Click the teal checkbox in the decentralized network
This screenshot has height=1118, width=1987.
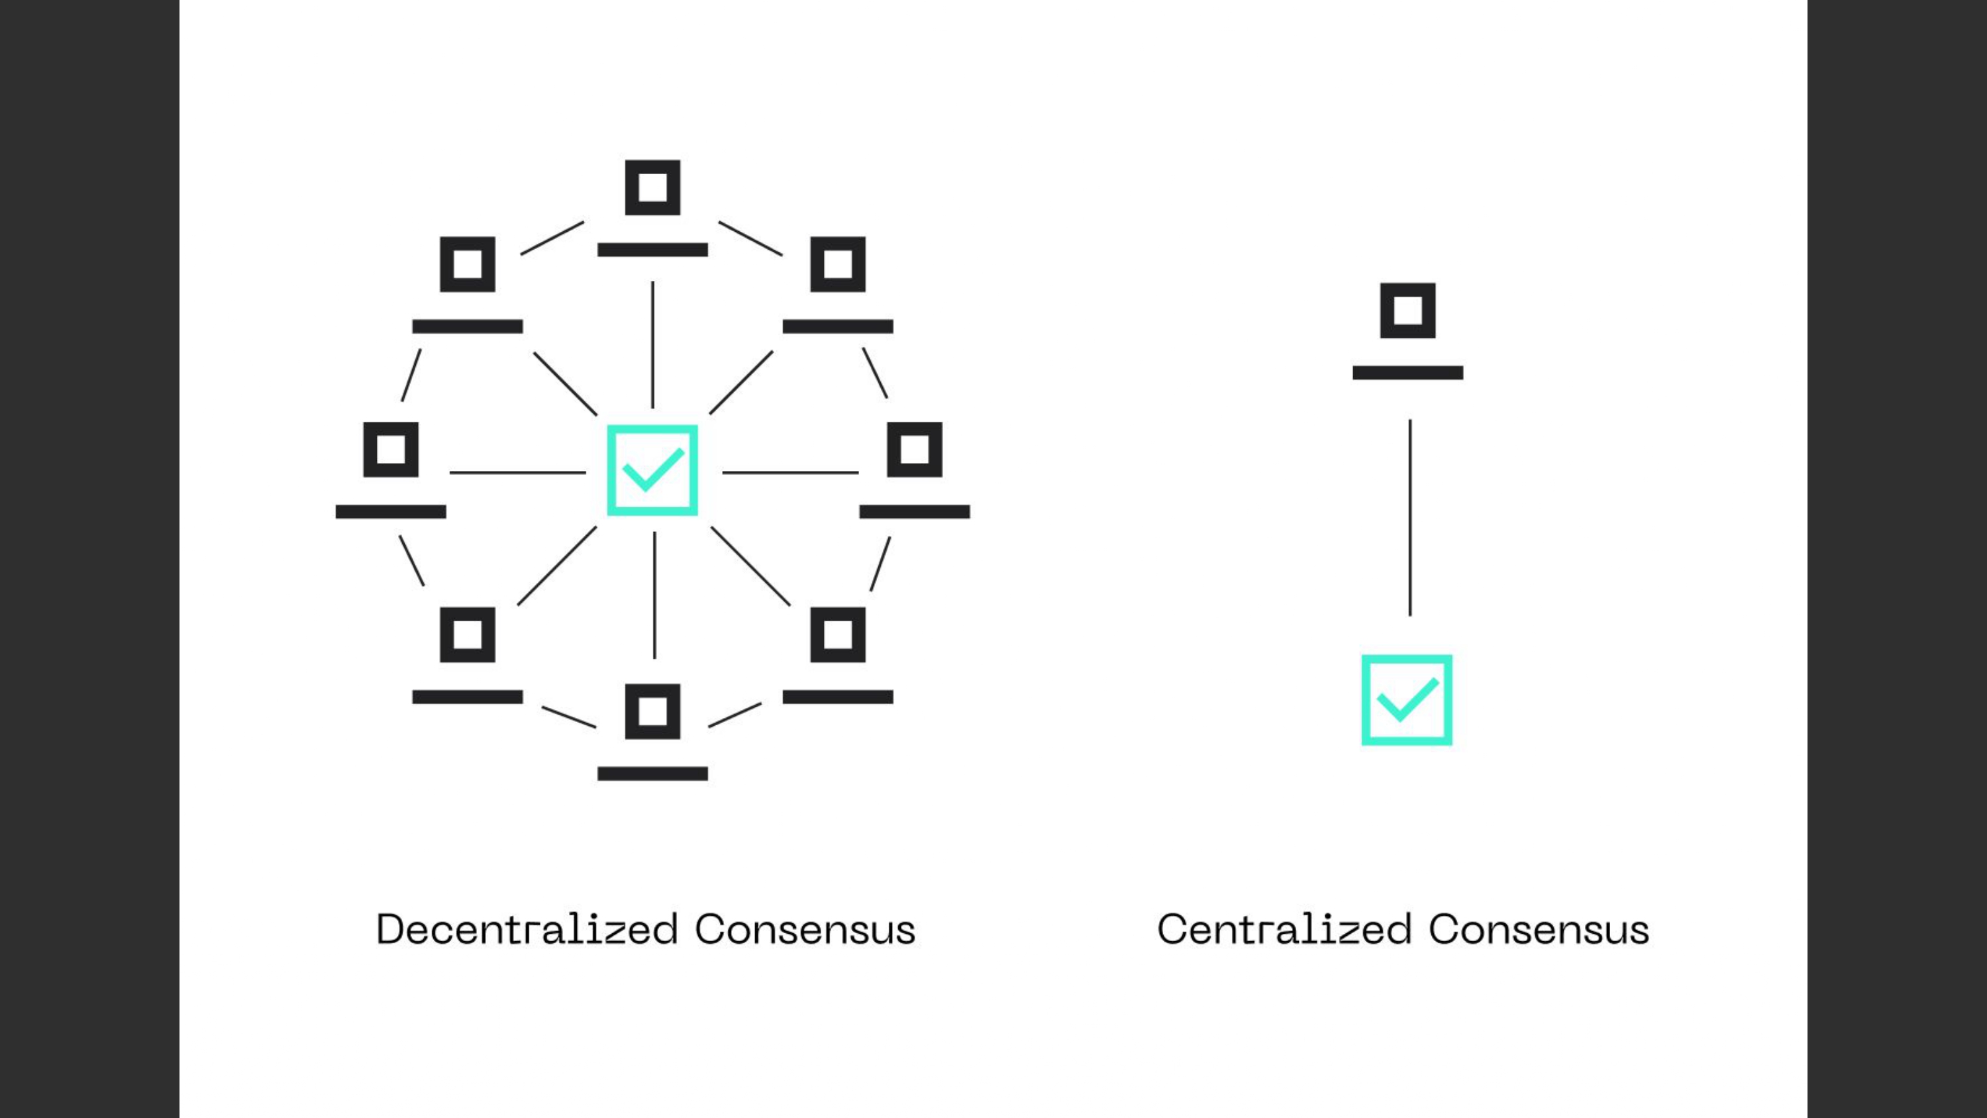[652, 470]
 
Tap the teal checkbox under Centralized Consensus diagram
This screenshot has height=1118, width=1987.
[1406, 700]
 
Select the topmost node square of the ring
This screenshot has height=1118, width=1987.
[652, 187]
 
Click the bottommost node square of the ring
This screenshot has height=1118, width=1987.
[652, 711]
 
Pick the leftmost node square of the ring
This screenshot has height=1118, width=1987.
[390, 450]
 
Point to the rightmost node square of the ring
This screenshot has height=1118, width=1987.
[914, 450]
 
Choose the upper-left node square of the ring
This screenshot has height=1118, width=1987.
[468, 265]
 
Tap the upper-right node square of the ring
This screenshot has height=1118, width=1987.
[838, 265]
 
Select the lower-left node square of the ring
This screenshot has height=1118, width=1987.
[468, 635]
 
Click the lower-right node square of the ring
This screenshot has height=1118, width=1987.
[838, 635]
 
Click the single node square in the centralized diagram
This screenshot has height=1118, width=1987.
[1407, 311]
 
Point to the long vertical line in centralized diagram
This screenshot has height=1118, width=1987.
[1410, 517]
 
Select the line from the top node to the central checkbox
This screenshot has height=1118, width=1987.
[652, 344]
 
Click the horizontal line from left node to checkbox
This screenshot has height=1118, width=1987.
[517, 472]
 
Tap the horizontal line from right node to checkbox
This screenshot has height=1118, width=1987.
[791, 472]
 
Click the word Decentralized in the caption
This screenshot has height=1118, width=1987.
[527, 929]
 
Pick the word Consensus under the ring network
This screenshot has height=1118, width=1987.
[805, 929]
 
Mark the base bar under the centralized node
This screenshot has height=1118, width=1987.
[1407, 374]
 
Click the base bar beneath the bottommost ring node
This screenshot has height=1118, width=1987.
[652, 774]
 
